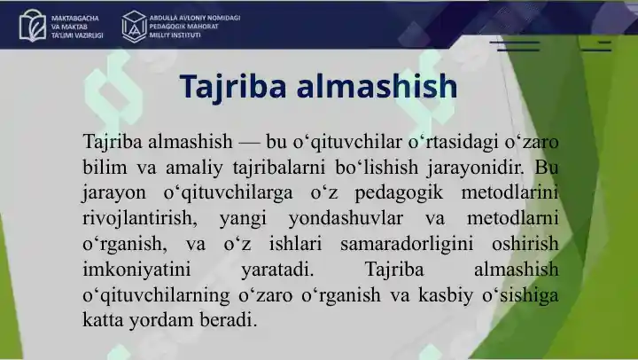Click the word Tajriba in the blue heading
[232, 87]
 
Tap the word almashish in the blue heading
[377, 86]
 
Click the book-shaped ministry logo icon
[33, 26]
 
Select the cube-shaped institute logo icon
[135, 26]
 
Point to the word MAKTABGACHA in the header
[75, 19]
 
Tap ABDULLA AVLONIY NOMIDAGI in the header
[194, 18]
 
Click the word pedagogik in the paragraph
[399, 193]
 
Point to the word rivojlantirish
[140, 218]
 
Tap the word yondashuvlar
[346, 218]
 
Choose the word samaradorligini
[407, 244]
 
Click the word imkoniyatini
[136, 270]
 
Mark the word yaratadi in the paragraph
[278, 270]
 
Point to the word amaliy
[194, 168]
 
